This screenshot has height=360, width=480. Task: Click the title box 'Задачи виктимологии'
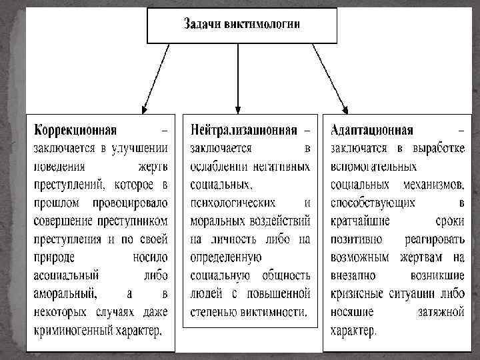[x=242, y=24]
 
